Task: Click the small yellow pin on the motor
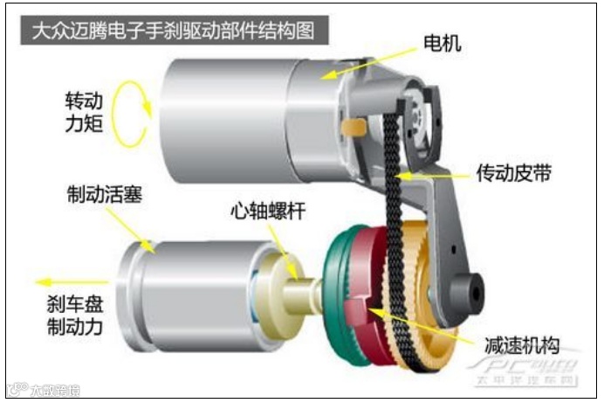coord(353,129)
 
